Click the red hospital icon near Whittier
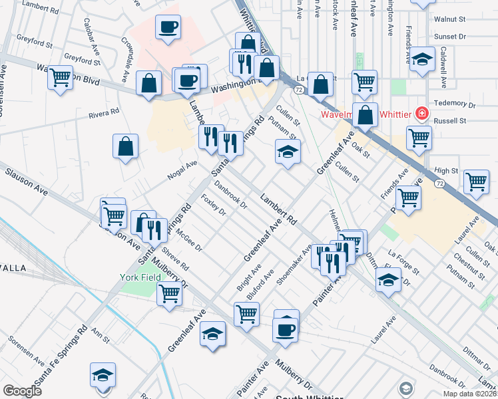(x=421, y=114)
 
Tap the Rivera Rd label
(x=104, y=114)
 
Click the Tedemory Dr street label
(x=455, y=104)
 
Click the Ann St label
(x=101, y=334)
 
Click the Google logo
(x=23, y=391)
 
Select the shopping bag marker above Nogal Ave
(x=125, y=146)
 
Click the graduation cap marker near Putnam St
(x=288, y=153)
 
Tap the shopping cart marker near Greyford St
(x=60, y=77)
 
